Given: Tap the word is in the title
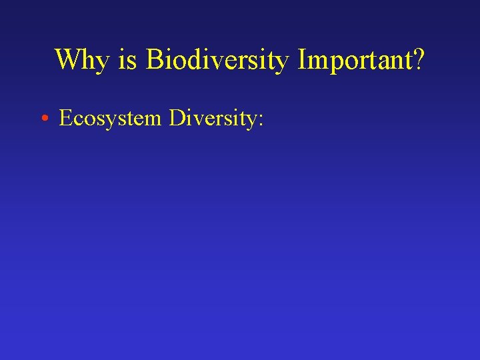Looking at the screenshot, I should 127,60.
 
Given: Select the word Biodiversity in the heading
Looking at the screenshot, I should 217,60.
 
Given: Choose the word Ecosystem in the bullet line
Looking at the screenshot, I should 110,119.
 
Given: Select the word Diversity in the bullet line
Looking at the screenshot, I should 213,119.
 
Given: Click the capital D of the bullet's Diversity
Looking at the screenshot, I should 177,118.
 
